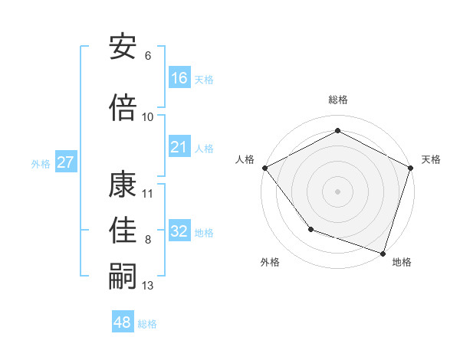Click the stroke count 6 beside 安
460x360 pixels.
tap(147, 56)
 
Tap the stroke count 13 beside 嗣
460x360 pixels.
tap(148, 286)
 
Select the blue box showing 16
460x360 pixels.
tap(179, 78)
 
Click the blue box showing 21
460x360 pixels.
tap(179, 148)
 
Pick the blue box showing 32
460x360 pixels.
tap(179, 232)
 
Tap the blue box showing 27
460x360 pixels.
tap(66, 162)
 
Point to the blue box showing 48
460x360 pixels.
tap(123, 322)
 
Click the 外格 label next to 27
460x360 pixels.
tap(41, 163)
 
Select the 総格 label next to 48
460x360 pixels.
tap(147, 324)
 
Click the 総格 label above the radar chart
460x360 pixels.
tap(337, 100)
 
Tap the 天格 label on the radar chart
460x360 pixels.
tap(431, 159)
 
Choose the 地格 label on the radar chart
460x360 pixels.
tap(402, 263)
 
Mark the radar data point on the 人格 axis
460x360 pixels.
tap(264, 168)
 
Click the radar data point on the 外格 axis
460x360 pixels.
tap(310, 229)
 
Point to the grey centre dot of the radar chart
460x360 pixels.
tap(337, 191)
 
